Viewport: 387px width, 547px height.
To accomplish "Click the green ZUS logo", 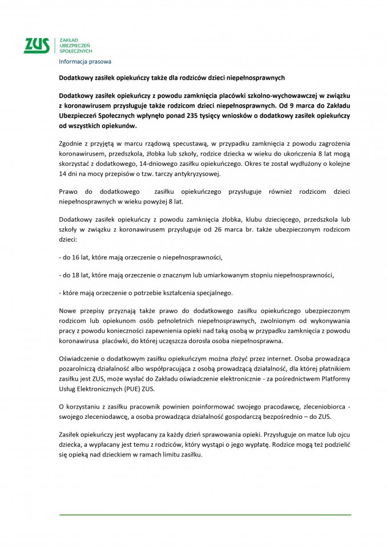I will (37, 45).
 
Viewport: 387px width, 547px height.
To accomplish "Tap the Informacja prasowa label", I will (86, 61).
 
